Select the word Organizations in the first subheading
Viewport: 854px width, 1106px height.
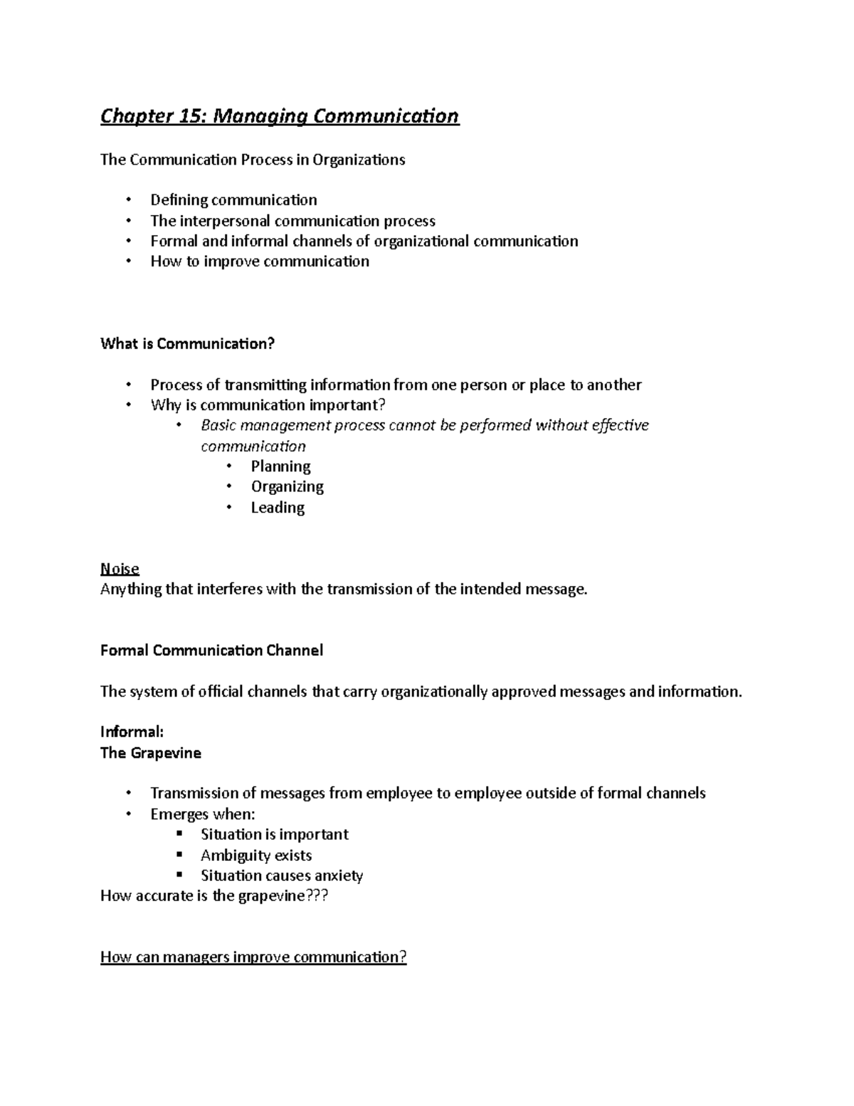(x=359, y=160)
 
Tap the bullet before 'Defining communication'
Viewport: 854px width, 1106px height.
(x=128, y=200)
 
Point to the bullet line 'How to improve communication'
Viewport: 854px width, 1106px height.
(x=259, y=261)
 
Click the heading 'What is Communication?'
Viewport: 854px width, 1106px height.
(x=187, y=344)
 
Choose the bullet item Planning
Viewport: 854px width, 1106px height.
(x=280, y=466)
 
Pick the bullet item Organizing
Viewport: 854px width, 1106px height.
(x=287, y=487)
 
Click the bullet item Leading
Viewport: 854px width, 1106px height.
(x=278, y=508)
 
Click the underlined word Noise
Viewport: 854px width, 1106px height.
(x=120, y=569)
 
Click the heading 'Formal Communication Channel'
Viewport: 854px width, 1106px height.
(x=211, y=651)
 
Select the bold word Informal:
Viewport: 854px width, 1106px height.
(x=132, y=732)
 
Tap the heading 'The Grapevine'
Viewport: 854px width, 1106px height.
(x=150, y=753)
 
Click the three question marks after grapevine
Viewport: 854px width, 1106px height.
(x=317, y=896)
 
